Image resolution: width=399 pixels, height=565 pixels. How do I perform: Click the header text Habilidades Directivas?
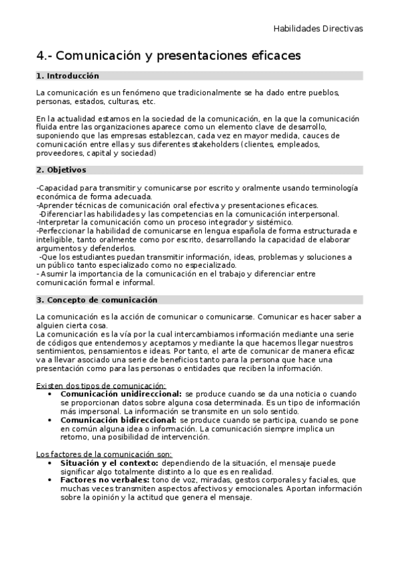(x=318, y=29)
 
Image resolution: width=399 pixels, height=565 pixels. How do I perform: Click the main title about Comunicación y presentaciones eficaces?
(x=169, y=55)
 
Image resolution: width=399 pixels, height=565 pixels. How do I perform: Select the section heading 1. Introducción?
(x=67, y=77)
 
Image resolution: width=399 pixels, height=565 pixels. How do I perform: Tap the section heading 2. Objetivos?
(x=61, y=171)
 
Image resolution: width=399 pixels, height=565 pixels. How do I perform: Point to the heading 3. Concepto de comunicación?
(x=97, y=300)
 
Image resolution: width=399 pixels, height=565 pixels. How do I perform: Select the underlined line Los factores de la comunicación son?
(x=105, y=454)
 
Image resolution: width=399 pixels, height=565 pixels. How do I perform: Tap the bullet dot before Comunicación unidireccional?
(x=51, y=394)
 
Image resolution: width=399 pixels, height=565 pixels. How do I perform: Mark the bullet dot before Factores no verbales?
(x=51, y=480)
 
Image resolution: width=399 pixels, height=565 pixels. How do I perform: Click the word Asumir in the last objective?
(x=55, y=274)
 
